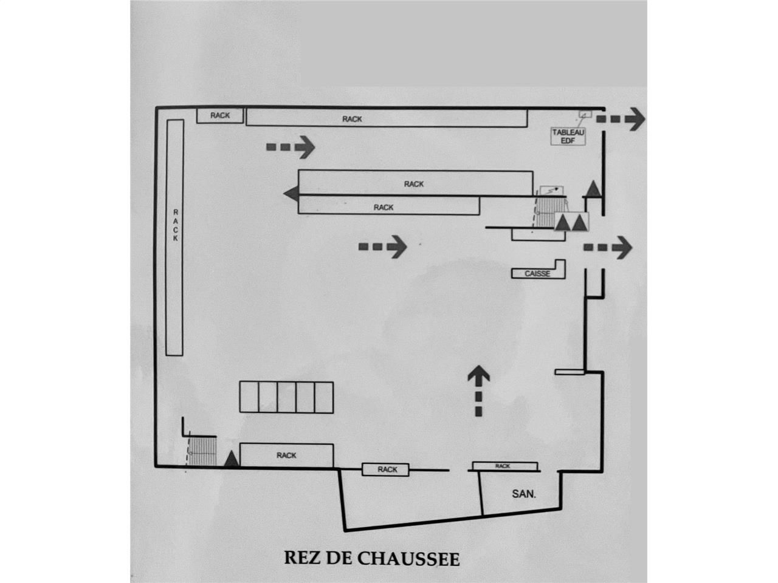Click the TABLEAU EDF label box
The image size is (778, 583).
tap(568, 137)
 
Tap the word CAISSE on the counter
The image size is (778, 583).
tap(537, 274)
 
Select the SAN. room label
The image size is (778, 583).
tap(524, 494)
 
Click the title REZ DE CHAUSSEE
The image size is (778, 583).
tap(372, 558)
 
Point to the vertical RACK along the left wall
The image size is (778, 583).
tap(175, 237)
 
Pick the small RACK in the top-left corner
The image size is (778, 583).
tap(220, 115)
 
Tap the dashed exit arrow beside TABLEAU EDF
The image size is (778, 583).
tap(620, 118)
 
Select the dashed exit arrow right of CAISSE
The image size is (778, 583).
tap(608, 247)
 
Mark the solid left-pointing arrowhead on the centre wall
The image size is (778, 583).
tap(291, 194)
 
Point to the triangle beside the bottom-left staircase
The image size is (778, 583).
tap(231, 460)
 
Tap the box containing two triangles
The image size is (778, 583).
tap(571, 222)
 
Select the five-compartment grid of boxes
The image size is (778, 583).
tap(286, 397)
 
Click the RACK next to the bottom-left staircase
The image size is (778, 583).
tap(286, 455)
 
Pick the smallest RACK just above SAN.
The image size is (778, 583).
tap(503, 466)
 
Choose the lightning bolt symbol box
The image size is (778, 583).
tap(552, 190)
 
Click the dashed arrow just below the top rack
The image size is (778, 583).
tap(291, 146)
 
